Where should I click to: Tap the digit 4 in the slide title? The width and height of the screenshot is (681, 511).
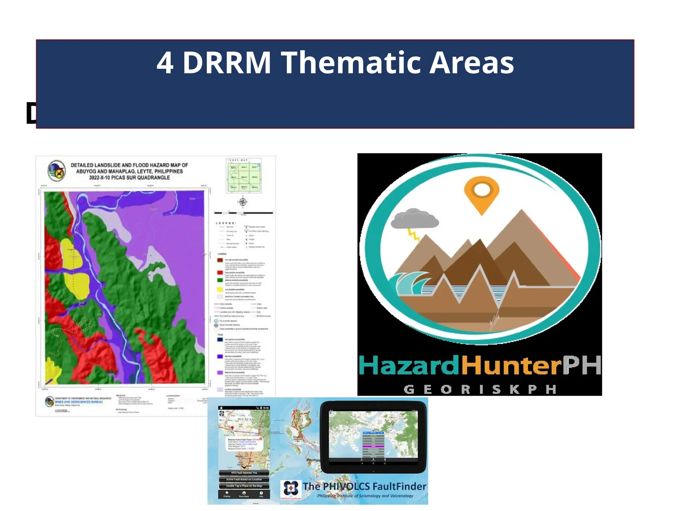point(165,63)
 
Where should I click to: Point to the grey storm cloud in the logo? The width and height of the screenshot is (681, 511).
point(414,219)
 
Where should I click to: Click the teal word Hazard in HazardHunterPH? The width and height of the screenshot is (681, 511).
point(409,365)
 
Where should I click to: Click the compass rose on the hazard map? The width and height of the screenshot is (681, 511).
point(243,202)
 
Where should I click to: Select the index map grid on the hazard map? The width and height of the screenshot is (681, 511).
point(244,176)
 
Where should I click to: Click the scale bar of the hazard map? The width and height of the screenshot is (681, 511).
point(243,212)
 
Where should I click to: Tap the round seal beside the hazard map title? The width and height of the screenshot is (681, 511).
point(57,170)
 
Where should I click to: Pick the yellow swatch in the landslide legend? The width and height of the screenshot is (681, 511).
point(220,289)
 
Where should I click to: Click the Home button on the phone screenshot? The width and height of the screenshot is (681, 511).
point(227,494)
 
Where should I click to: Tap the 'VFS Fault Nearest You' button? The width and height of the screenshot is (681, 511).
point(244,472)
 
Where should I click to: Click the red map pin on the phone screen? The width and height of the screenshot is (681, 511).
point(232,428)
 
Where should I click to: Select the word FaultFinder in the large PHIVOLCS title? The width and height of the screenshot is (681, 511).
point(399,486)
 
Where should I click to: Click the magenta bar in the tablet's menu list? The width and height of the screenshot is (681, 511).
point(373,446)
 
